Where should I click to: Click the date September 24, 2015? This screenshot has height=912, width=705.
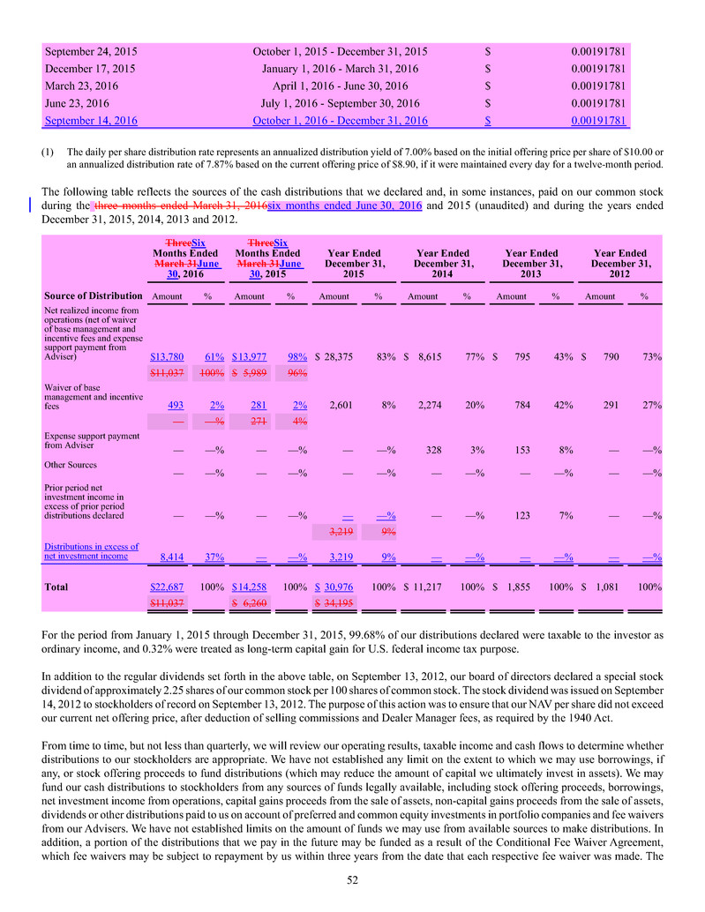click(x=91, y=52)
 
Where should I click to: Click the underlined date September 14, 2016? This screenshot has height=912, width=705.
click(x=91, y=121)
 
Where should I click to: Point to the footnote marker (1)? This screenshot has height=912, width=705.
click(x=49, y=151)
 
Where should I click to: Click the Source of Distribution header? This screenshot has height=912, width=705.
click(x=92, y=295)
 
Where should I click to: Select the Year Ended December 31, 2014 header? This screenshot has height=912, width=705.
click(x=444, y=261)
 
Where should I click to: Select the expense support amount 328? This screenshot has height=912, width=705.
click(x=433, y=449)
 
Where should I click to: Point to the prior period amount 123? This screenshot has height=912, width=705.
click(x=521, y=515)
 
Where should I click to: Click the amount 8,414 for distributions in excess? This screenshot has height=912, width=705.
click(x=171, y=557)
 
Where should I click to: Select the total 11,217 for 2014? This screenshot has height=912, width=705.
click(x=427, y=587)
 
